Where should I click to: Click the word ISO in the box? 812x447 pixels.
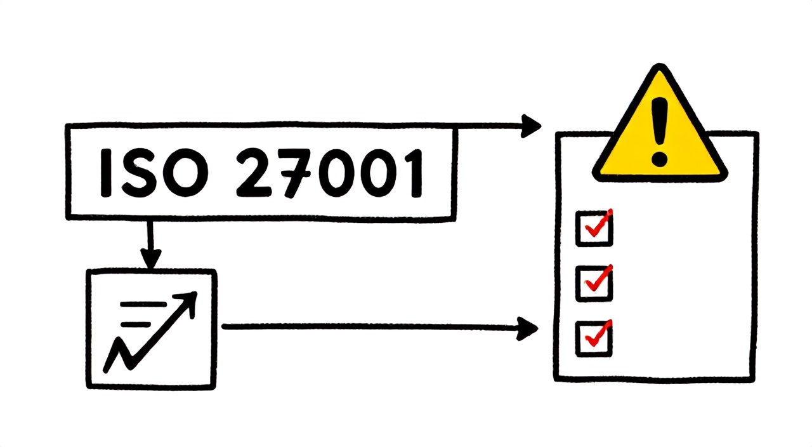154,173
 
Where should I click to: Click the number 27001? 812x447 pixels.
329,173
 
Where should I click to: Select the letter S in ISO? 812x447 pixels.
139,173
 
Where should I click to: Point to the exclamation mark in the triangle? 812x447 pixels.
659,132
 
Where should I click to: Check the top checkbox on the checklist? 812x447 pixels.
594,229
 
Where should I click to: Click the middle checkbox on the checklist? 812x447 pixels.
594,284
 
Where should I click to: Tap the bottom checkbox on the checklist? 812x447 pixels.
594,339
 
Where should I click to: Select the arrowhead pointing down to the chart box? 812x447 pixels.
151,258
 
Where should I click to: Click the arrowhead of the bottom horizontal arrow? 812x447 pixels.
527,329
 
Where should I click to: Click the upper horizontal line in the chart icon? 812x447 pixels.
143,304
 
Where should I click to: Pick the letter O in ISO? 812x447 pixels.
186,173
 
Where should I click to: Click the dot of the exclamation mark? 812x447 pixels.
659,159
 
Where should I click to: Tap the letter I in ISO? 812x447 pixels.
105,173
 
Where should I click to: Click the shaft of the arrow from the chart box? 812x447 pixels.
370,327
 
